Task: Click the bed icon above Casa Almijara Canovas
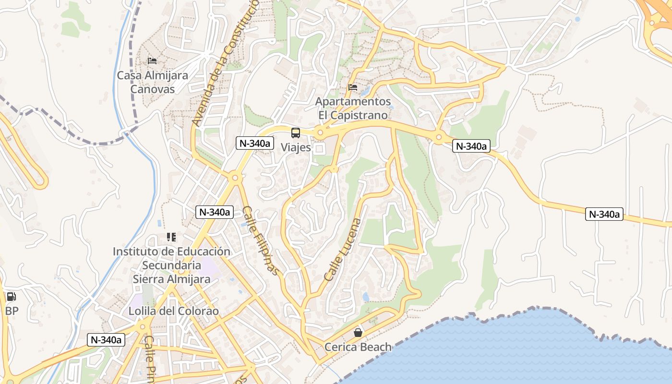pos(152,60)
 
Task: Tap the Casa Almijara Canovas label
pos(153,82)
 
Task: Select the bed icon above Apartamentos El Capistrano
pos(353,87)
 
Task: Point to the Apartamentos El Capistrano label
pos(353,108)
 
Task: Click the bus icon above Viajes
pos(296,133)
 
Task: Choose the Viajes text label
pos(296,147)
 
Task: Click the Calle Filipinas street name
pos(261,240)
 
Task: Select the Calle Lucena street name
pos(343,250)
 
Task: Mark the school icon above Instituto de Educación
pos(171,237)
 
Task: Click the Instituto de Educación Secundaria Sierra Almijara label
pos(171,265)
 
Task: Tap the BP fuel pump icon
pos(11,297)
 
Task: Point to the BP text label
pos(12,311)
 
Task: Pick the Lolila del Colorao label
pos(173,311)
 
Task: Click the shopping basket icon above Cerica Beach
pos(358,332)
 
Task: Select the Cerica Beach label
pos(358,347)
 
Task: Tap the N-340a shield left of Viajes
pos(255,143)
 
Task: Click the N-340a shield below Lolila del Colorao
pos(106,340)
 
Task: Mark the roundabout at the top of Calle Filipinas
pos(235,178)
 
